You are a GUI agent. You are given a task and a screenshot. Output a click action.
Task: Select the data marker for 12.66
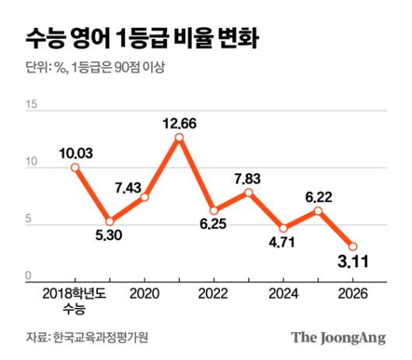click(179, 138)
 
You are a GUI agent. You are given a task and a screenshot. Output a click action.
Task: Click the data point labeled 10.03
click(75, 167)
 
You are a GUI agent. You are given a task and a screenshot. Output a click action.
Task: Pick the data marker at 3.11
click(352, 246)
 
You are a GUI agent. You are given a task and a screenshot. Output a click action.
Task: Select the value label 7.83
click(250, 179)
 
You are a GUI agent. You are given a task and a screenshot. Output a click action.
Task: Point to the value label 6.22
click(319, 197)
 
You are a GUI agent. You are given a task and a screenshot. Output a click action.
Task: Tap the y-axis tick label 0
click(29, 276)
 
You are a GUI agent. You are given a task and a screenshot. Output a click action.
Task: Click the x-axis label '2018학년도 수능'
click(75, 302)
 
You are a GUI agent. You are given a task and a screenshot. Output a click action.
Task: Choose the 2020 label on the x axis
click(144, 295)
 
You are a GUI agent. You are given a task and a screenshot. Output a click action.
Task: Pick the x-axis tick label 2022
click(214, 295)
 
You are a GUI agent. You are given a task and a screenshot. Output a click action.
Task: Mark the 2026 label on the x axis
click(352, 295)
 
